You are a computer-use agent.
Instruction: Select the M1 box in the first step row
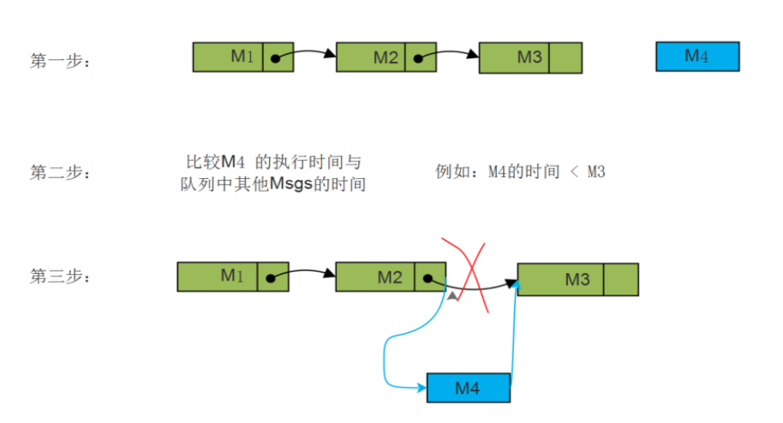point(228,57)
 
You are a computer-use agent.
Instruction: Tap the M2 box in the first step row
point(371,57)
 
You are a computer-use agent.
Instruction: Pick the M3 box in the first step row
point(514,57)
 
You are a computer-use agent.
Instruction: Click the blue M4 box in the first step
point(696,57)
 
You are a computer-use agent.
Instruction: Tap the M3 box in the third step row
point(561,279)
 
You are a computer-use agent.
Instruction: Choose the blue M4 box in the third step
point(468,388)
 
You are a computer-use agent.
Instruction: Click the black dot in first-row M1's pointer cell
point(275,59)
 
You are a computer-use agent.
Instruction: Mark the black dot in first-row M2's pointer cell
point(418,59)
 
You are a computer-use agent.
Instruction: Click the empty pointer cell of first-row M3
point(565,57)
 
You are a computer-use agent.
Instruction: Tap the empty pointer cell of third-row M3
point(621,279)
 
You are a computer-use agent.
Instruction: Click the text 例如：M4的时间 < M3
point(521,172)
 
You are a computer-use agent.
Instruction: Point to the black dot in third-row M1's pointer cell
point(270,278)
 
